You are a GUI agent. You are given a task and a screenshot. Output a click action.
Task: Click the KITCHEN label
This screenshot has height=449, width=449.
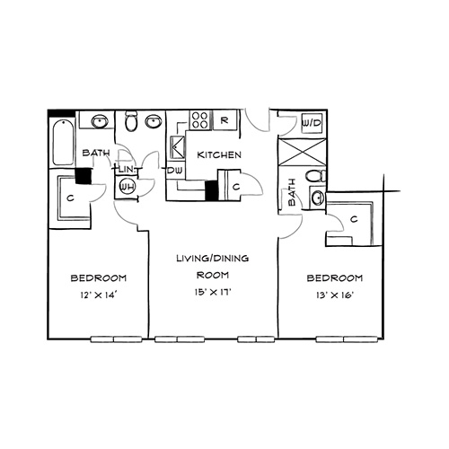219,154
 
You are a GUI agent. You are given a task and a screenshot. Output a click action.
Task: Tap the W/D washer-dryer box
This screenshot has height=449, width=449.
312,123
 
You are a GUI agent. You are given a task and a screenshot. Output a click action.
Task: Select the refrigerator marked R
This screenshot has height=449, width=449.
224,120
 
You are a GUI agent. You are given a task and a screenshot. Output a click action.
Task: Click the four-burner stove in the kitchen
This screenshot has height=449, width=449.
199,120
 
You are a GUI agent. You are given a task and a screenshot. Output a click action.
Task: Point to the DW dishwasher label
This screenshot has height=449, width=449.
175,171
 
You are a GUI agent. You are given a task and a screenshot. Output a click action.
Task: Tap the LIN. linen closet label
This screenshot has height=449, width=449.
126,170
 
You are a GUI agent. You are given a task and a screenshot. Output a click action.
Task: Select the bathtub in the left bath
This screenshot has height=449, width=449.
63,142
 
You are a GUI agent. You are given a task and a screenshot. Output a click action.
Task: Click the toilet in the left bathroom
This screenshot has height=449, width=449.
130,121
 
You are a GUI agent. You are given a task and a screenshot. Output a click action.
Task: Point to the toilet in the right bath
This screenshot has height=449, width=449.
316,176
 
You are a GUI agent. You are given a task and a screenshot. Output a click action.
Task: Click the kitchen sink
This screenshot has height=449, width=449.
177,147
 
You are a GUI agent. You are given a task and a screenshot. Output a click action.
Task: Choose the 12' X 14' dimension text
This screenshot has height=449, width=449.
98,295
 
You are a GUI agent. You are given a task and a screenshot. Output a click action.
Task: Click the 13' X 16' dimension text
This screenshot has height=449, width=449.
335,295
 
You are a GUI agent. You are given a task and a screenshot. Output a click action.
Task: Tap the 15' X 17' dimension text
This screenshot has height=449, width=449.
213,292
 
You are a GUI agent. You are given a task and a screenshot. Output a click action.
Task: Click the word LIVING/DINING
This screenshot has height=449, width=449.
213,258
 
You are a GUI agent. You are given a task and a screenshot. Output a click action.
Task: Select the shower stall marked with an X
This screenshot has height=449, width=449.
302,152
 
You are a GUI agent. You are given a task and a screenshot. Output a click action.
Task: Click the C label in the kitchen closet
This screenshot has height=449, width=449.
236,187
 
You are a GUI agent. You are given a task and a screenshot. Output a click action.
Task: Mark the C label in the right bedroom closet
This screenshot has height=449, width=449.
354,219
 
